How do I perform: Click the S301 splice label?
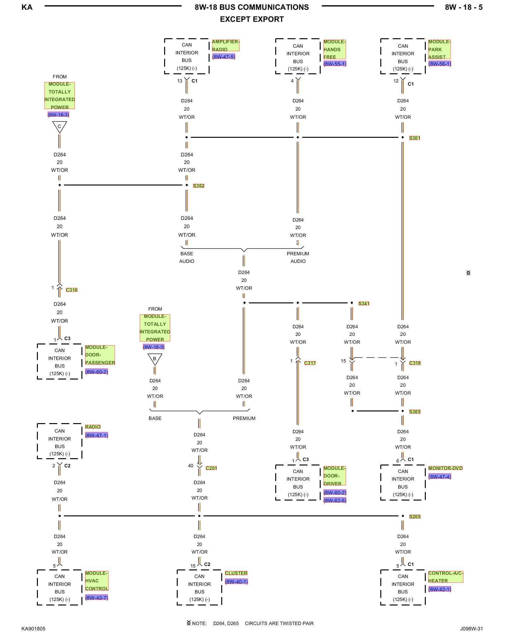[x=414, y=138]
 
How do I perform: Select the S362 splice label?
[x=199, y=186]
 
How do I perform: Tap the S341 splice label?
[x=364, y=304]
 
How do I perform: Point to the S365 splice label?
[x=415, y=412]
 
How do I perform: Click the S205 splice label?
[x=415, y=517]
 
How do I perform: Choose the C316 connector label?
[x=72, y=290]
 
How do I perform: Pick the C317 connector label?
[x=310, y=363]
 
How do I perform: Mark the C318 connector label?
[x=415, y=363]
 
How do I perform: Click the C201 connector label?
[x=211, y=468]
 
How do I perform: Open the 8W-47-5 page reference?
[x=224, y=57]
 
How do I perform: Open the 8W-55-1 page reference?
[x=335, y=64]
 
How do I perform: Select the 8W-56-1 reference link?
[x=440, y=64]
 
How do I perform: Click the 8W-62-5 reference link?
[x=335, y=501]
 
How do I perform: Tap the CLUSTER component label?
[x=236, y=573]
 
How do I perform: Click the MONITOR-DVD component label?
[x=445, y=468]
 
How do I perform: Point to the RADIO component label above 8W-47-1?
[x=93, y=427]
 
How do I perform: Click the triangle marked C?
[x=59, y=127]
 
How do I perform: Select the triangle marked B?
[x=155, y=359]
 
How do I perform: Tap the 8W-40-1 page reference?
[x=236, y=582]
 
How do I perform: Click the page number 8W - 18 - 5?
[x=464, y=7]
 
